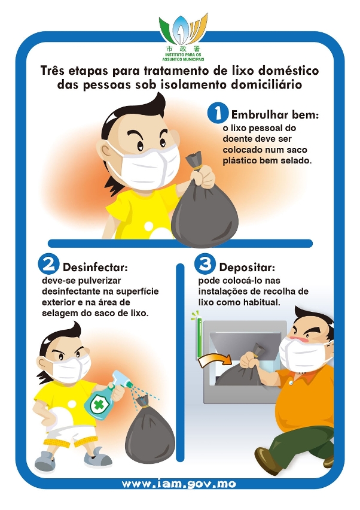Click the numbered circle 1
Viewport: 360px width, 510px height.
tap(217, 113)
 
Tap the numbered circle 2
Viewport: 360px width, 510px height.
tap(48, 264)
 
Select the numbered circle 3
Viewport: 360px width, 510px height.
tap(205, 264)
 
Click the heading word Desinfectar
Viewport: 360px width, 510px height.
tap(95, 268)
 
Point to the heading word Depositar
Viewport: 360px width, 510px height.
tap(247, 268)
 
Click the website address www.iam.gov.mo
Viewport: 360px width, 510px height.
tap(179, 484)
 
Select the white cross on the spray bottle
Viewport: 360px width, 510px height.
tap(97, 404)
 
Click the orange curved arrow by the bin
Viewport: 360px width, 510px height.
tap(215, 360)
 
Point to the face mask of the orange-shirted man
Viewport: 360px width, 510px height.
tap(303, 354)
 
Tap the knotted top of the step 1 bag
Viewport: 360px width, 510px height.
tap(195, 161)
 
